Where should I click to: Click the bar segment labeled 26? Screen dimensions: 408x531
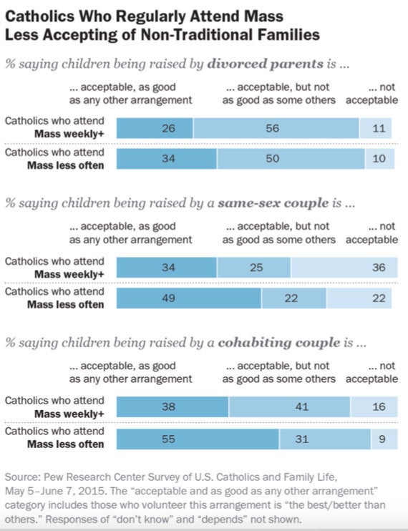pyautogui.click(x=155, y=128)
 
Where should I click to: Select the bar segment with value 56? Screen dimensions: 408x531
pyautogui.click(x=276, y=128)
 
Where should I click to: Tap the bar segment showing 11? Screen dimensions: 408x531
pyautogui.click(x=376, y=128)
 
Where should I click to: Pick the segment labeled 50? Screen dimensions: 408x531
pyautogui.click(x=291, y=158)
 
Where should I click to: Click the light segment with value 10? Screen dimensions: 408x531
pyautogui.click(x=380, y=158)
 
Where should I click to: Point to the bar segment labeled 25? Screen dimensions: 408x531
pyautogui.click(x=253, y=267)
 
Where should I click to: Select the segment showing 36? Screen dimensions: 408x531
pyautogui.click(x=344, y=267)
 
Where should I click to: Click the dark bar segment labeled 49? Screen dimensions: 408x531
pyautogui.click(x=189, y=298)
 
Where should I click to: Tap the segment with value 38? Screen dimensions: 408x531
pyautogui.click(x=173, y=406)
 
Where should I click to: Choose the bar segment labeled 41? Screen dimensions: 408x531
pyautogui.click(x=289, y=406)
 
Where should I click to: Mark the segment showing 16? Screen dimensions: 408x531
pyautogui.click(x=374, y=406)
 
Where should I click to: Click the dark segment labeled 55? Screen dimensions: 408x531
pyautogui.click(x=198, y=439)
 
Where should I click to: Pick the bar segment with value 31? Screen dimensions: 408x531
pyautogui.click(x=325, y=439)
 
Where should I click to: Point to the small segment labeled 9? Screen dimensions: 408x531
pyautogui.click(x=384, y=439)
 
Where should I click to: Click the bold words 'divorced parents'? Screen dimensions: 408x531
pyautogui.click(x=265, y=64)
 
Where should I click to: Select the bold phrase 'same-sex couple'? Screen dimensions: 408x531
pyautogui.click(x=273, y=203)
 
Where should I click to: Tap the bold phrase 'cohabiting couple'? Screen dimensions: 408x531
pyautogui.click(x=279, y=342)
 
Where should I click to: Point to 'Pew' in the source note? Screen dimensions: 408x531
pyautogui.click(x=54, y=477)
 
